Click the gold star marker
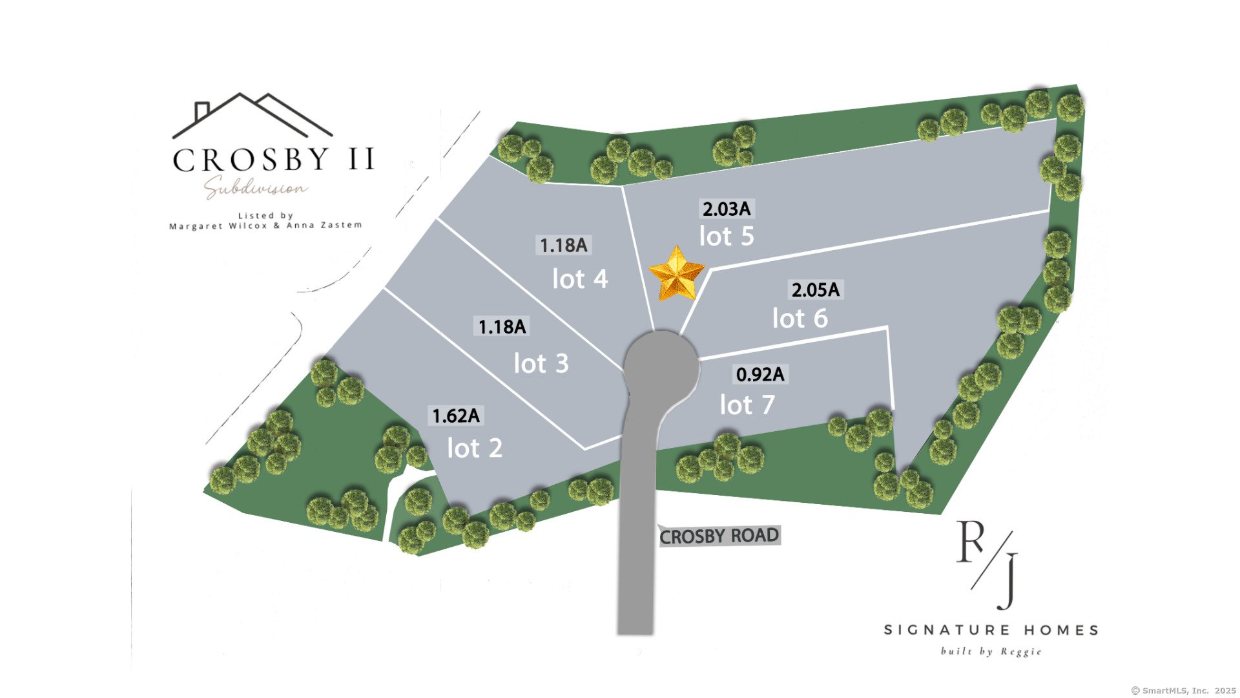coord(676,275)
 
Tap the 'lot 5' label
coord(727,237)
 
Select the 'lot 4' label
coord(580,279)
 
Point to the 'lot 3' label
coord(541,364)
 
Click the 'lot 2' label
coord(475,449)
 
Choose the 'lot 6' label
coord(800,319)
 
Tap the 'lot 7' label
coord(747,405)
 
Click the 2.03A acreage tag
coord(727,209)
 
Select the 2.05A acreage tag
coord(816,290)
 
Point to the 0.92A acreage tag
coord(760,374)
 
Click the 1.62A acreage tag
coord(456,416)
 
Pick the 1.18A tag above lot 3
coord(502,326)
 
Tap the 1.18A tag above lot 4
coord(563,245)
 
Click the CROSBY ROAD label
coord(719,536)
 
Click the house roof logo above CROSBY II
coord(252,116)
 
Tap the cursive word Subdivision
coord(256,187)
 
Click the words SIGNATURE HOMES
coord(991,629)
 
